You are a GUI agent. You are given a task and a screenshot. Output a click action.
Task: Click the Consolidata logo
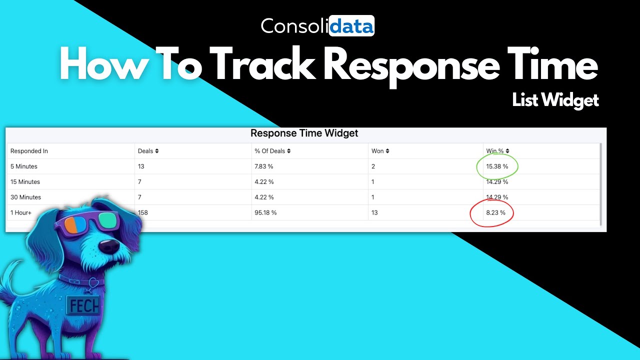[317, 26]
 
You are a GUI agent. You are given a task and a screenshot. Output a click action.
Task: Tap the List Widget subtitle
[555, 100]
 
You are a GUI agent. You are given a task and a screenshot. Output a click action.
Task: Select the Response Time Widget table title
[304, 133]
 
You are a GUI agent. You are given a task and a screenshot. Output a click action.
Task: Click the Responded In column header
[29, 151]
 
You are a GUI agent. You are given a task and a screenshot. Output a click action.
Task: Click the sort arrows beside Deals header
[156, 151]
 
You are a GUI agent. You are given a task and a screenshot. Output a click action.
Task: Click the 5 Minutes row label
[24, 166]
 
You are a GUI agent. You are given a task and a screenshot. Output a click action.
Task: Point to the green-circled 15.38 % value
[497, 166]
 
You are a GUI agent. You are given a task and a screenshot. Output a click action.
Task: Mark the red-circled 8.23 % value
[495, 212]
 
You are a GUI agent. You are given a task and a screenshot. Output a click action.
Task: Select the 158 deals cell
[143, 212]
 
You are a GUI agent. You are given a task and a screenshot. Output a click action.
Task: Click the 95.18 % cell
[265, 212]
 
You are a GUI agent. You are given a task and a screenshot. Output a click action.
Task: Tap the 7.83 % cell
[264, 166]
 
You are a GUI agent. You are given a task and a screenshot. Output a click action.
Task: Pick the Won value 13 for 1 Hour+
[374, 212]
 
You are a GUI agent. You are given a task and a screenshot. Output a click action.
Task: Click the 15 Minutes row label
[25, 182]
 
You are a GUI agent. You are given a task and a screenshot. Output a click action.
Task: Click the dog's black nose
[109, 246]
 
